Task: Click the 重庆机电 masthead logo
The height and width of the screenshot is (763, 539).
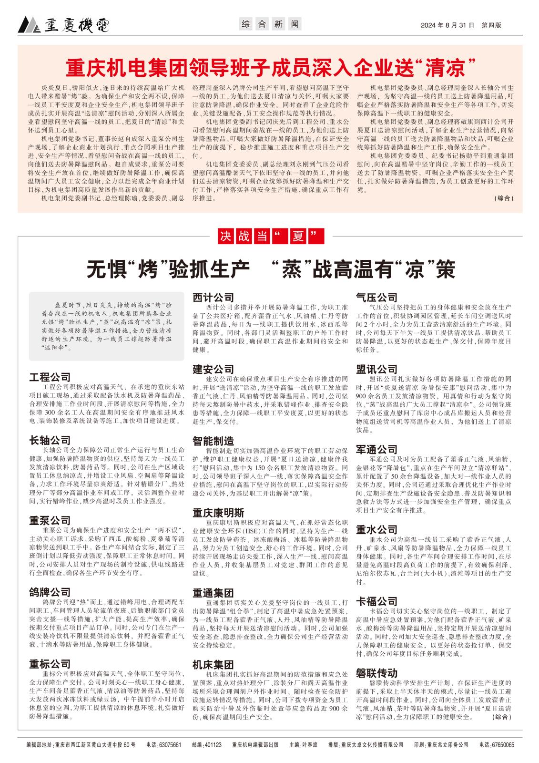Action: pos(64,24)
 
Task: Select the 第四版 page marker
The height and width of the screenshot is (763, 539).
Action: pos(491,25)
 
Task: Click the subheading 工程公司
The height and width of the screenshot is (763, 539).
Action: pos(50,377)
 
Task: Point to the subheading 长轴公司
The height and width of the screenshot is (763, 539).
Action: pos(50,440)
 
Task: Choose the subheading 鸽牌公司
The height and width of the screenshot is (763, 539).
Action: pos(50,592)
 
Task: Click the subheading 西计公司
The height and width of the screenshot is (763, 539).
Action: pos(213,297)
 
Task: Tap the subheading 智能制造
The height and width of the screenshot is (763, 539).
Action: pos(213,440)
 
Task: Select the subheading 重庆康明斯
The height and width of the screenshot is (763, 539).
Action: pos(218,513)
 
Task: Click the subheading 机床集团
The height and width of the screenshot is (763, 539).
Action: pos(213,665)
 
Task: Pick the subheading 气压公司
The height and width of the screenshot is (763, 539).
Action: pos(376,298)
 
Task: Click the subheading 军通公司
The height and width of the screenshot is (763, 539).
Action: pos(376,450)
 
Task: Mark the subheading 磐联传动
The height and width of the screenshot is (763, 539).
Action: pos(376,673)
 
